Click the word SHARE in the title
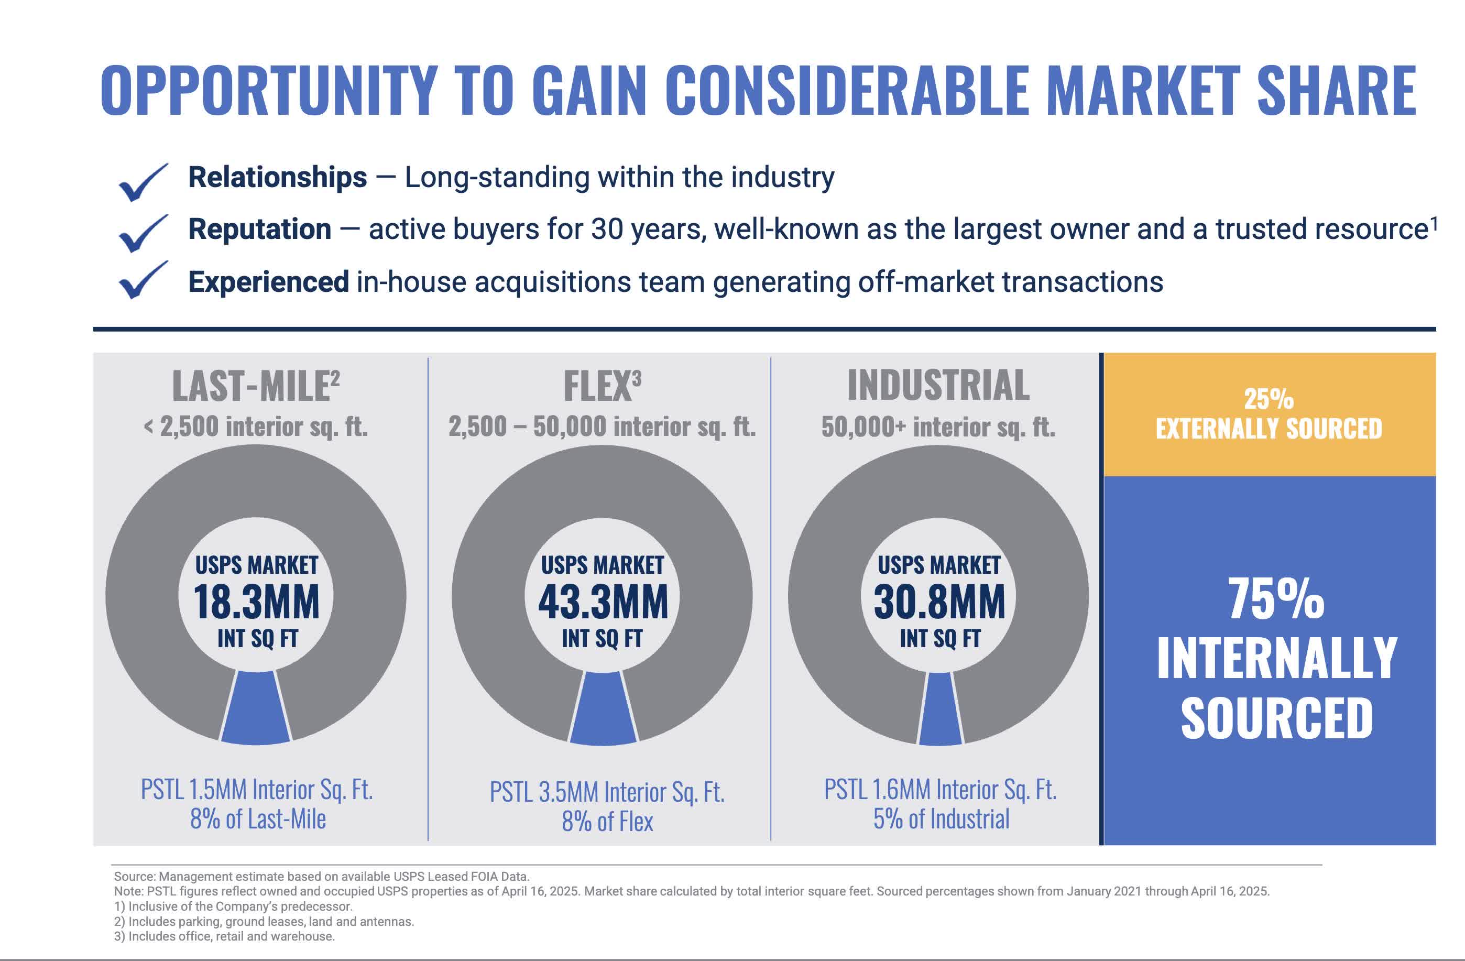point(1336,91)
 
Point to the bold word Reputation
point(260,230)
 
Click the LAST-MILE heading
point(251,386)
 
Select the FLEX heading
point(598,386)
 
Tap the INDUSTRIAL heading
point(938,385)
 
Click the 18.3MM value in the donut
point(256,602)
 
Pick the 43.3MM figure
point(603,602)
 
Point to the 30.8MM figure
point(939,602)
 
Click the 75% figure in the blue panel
point(1276,598)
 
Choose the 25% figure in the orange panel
point(1269,399)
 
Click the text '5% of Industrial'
point(941,819)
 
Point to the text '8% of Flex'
point(607,821)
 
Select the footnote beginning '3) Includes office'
point(224,936)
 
